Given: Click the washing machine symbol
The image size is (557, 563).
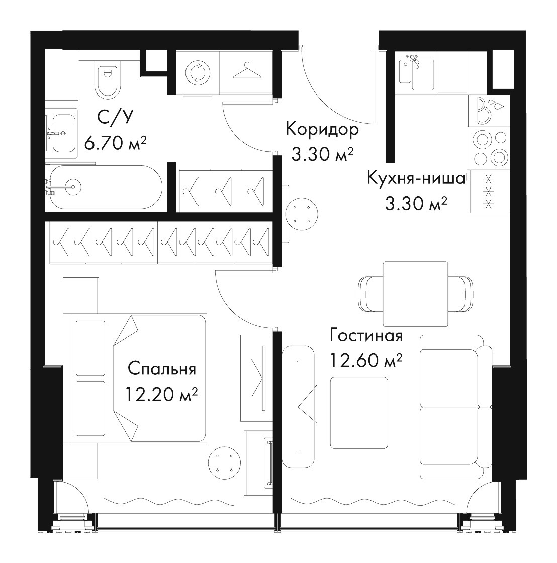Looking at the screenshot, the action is (x=198, y=73).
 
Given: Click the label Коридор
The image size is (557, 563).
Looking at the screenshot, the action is (x=322, y=130).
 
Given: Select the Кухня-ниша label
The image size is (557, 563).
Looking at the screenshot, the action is (x=416, y=178).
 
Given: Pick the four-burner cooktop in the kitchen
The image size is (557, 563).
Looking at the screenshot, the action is (x=489, y=147).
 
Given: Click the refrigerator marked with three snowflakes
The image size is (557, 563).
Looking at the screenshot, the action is (x=489, y=191).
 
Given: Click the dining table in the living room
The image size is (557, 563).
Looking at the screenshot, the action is (x=416, y=294).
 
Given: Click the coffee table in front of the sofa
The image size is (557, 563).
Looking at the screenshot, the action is (x=359, y=413).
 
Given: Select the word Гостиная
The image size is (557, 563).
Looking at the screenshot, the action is (x=366, y=336).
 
